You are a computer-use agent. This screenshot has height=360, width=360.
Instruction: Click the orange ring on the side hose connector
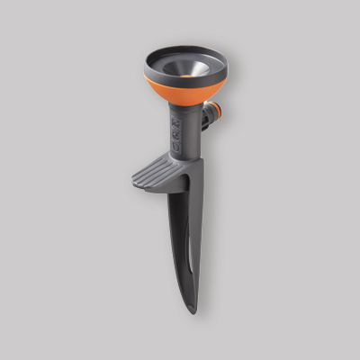(x=210, y=114)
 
